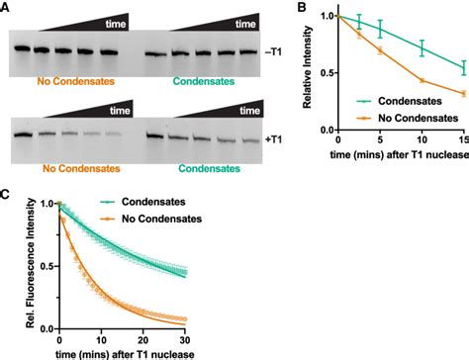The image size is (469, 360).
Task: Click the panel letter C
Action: point(7,185)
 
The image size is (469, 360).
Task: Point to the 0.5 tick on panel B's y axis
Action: point(329,70)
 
